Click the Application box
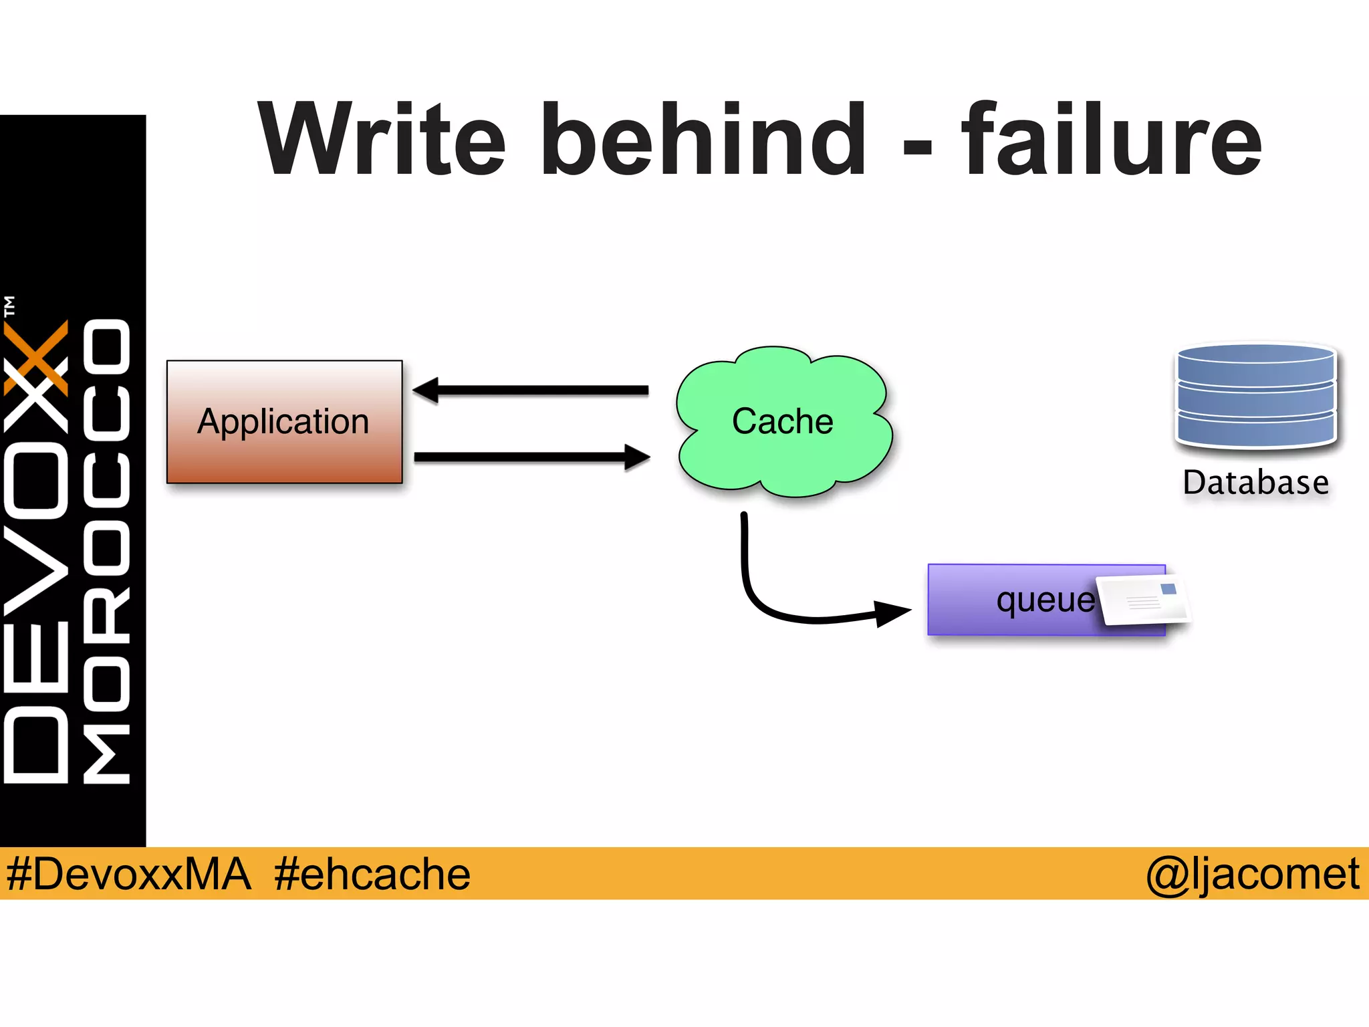point(284,422)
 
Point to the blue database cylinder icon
point(1255,396)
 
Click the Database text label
point(1255,483)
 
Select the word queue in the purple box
point(1045,600)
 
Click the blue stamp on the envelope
point(1168,589)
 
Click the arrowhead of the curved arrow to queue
point(892,612)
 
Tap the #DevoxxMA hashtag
point(128,874)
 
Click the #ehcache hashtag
point(372,874)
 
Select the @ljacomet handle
point(1252,874)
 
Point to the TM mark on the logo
point(9,306)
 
